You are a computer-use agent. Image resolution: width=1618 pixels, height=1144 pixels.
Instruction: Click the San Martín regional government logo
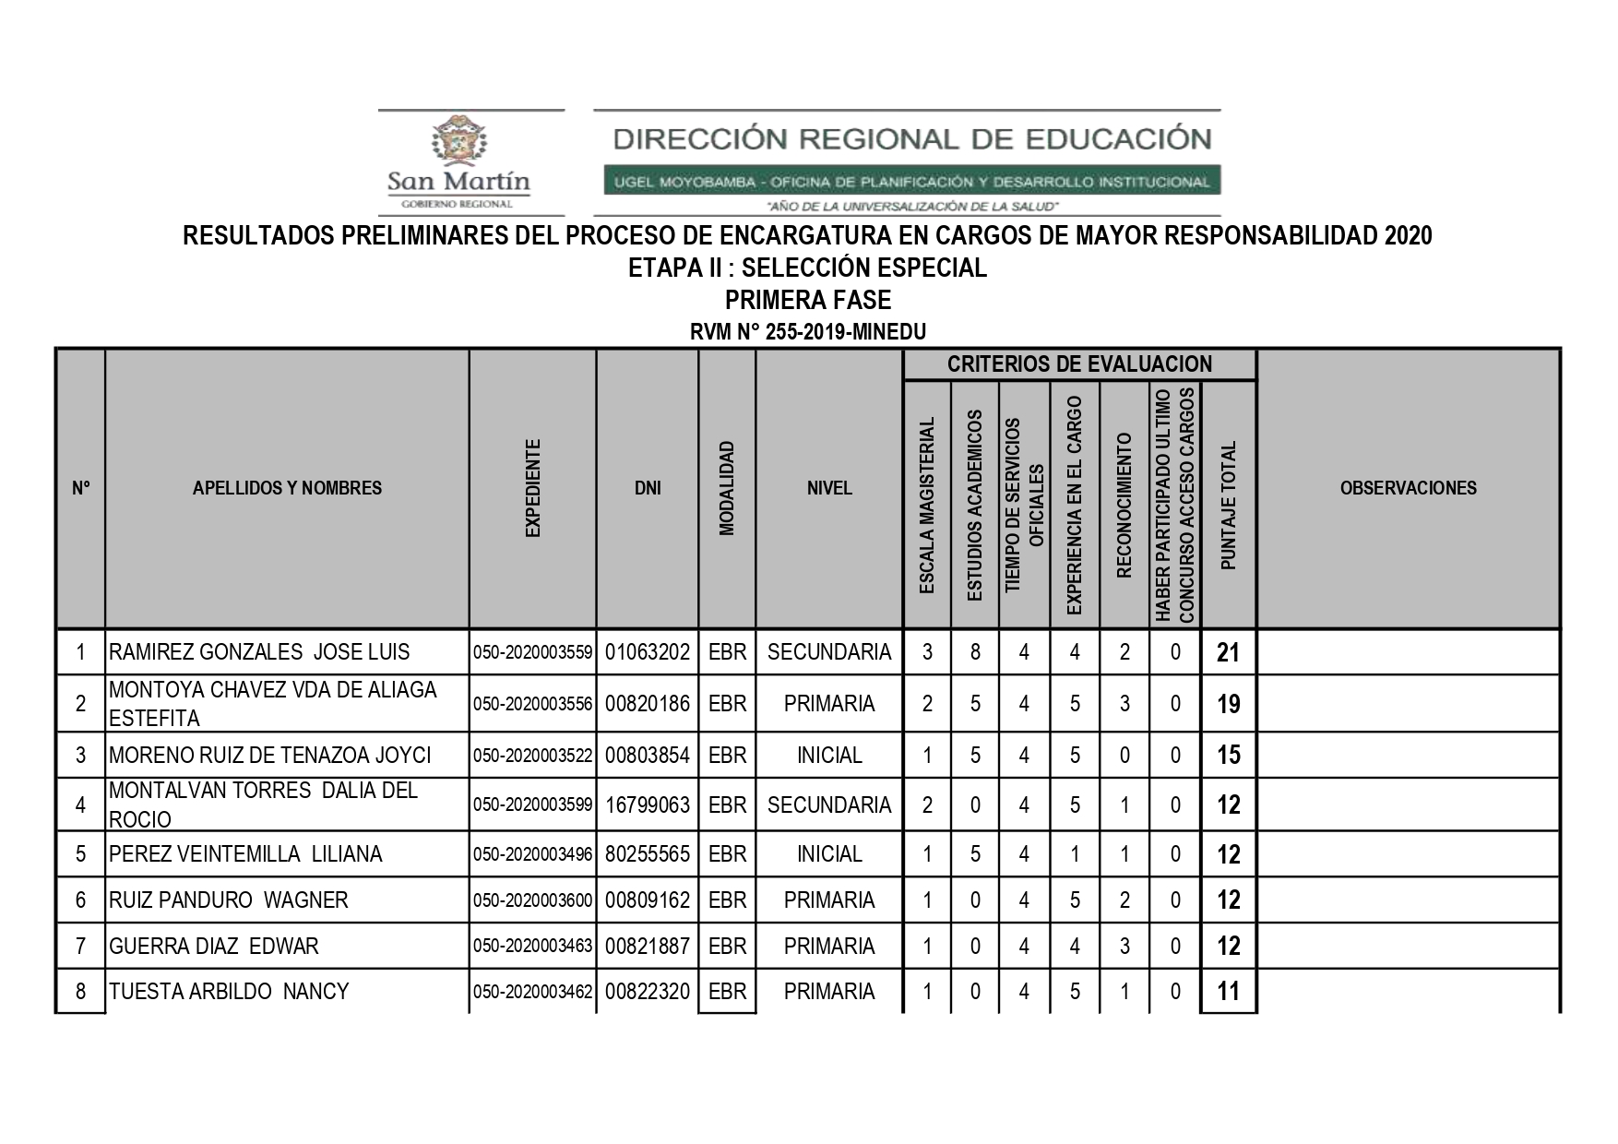458,162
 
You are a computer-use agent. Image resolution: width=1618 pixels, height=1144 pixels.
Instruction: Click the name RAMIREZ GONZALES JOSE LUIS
259,652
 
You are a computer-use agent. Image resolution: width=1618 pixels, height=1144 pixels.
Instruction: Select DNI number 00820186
648,704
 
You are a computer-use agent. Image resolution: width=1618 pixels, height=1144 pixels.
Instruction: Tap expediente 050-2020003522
532,756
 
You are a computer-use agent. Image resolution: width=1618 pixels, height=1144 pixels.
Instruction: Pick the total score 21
1228,653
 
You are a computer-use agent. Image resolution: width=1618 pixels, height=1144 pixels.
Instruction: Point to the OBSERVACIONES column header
1408,489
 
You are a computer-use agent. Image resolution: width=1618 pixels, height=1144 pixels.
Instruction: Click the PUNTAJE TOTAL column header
1228,505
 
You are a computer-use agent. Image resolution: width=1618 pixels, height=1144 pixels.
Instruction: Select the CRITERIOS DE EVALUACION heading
1079,364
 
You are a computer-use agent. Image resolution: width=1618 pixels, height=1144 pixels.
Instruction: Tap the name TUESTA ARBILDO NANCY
230,992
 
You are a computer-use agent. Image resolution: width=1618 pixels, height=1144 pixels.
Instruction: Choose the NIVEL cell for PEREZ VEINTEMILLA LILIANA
829,854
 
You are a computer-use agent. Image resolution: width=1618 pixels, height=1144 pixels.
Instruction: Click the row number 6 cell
80,900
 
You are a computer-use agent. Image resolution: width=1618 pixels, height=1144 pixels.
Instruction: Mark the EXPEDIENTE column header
532,489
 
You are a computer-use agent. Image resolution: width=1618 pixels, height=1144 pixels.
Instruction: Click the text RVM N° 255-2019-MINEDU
808,332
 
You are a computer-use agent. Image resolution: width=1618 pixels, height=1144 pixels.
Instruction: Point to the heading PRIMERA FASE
808,301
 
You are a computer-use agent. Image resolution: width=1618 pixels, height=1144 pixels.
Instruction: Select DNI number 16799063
648,805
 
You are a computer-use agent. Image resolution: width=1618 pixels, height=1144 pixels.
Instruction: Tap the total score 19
1228,705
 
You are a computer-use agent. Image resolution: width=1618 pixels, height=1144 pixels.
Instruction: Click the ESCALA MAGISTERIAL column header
927,505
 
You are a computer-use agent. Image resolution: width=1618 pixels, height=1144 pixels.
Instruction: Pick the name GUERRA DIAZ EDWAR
214,947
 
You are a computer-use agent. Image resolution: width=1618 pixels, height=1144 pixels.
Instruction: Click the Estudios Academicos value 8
975,652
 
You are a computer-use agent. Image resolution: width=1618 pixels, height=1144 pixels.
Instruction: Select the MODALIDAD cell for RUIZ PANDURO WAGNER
727,900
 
